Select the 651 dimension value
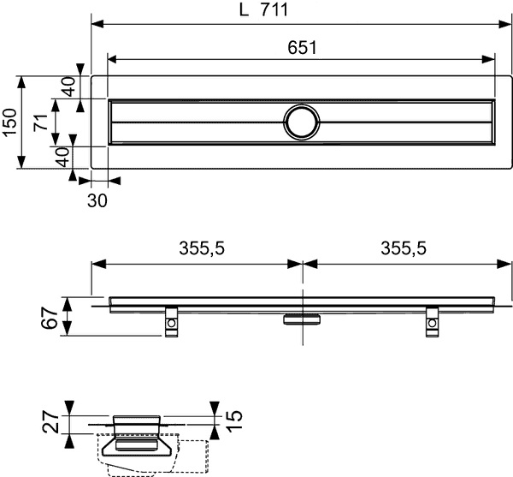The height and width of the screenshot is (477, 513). point(301,49)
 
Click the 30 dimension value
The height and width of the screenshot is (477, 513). point(97,198)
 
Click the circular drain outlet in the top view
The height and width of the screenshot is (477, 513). point(302,122)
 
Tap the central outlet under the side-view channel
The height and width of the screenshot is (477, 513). point(302,318)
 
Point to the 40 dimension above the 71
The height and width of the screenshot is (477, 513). point(68,86)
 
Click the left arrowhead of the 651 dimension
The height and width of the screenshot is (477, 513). point(111,59)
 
